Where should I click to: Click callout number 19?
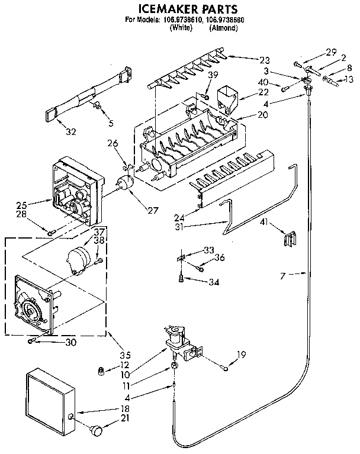point(241,355)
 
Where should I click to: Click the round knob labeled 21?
point(95,430)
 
